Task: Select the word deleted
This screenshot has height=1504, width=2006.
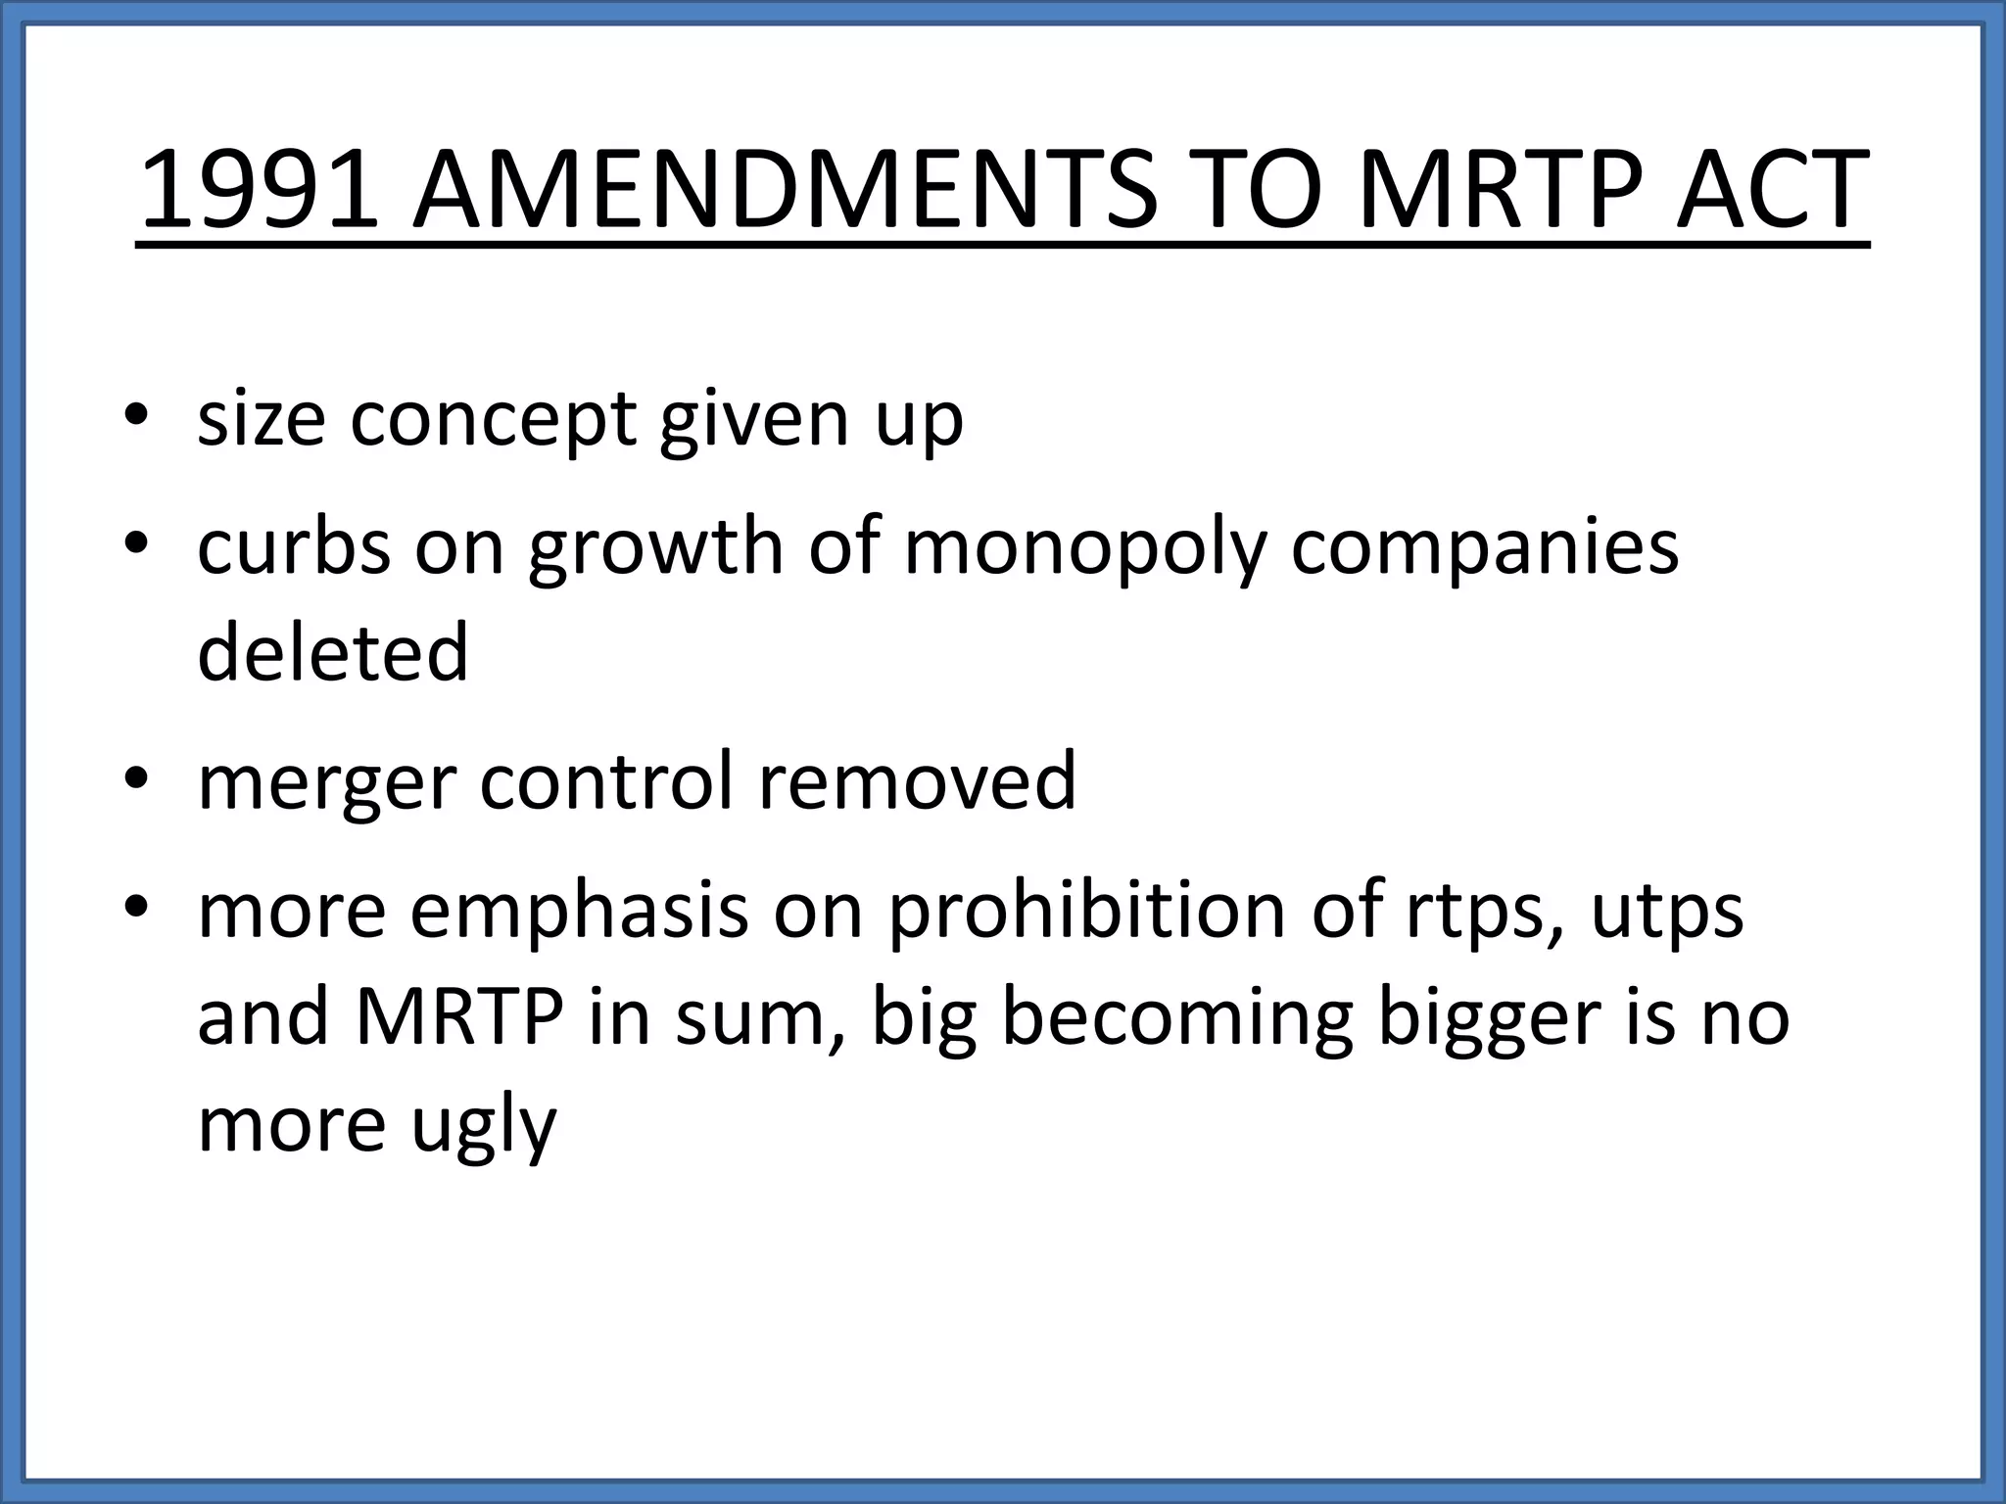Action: [333, 653]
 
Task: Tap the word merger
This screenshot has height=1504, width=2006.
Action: [327, 782]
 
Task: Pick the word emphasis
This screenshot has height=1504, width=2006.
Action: [578, 911]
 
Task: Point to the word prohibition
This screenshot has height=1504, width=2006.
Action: [1085, 911]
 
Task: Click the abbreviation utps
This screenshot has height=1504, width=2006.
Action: [1667, 911]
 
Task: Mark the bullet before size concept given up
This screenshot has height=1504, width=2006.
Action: [136, 415]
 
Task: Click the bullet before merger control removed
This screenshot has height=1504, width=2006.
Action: [136, 777]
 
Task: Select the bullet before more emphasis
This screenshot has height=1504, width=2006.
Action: [136, 906]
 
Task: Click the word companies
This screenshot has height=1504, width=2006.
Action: [1485, 547]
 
